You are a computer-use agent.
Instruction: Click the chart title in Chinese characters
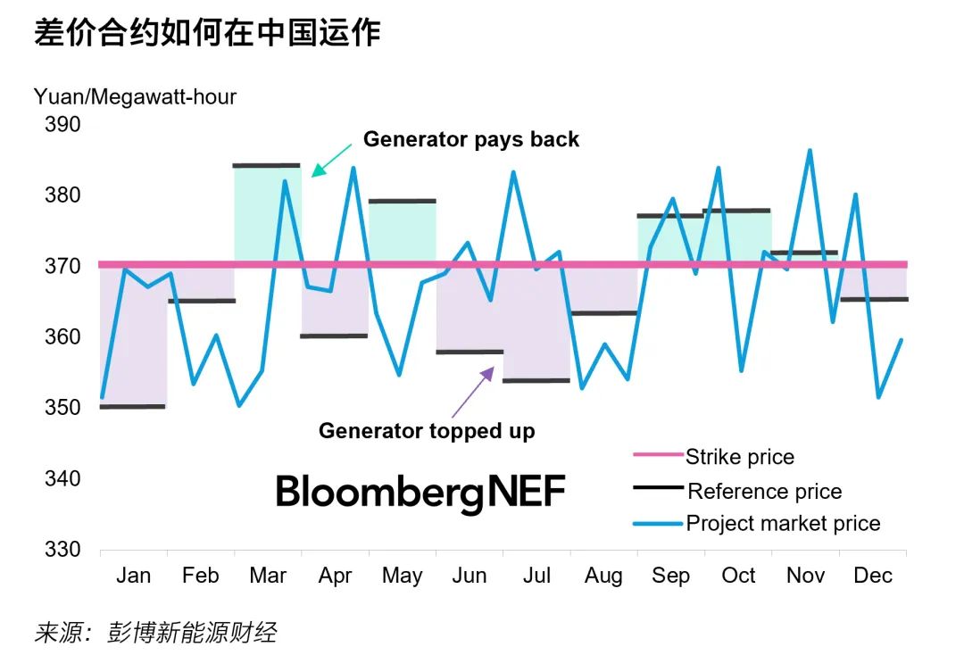coord(207,33)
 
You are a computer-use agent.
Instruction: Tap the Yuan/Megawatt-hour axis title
coord(135,96)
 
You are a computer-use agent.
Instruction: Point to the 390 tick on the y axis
coord(62,124)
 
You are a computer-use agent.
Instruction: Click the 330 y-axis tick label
coord(62,549)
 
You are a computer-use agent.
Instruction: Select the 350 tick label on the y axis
coord(62,408)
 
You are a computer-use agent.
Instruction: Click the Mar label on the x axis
coord(268,576)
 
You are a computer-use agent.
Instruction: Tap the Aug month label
coord(603,576)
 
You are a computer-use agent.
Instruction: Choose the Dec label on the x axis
coord(872,576)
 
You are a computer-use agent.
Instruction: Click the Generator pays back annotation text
coord(470,139)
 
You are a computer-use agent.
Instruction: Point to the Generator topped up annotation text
coord(427,431)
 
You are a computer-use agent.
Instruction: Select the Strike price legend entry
coord(739,457)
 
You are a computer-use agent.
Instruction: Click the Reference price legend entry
coord(764,491)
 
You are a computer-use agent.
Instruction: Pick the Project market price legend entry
coord(783,524)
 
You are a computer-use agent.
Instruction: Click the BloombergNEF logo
coord(420,492)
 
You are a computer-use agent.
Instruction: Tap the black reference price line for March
coord(267,165)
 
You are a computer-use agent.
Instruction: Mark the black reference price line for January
coord(133,407)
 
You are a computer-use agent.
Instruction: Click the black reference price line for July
coord(536,380)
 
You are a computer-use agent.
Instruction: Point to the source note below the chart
coord(155,634)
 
